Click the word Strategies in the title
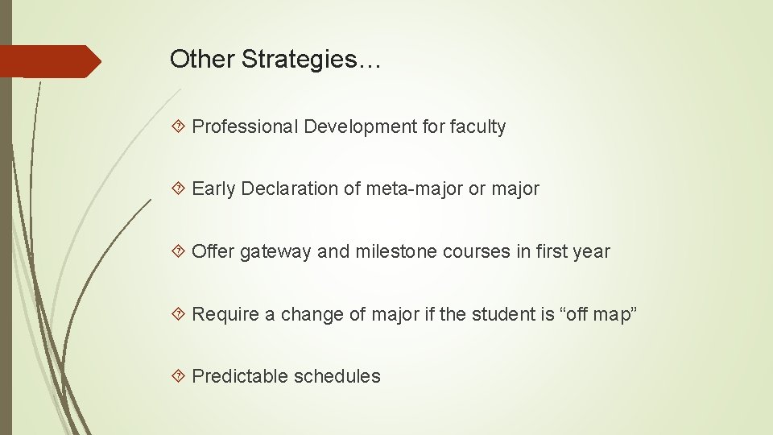click(x=312, y=60)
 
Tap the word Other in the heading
click(x=202, y=60)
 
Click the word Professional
click(x=245, y=127)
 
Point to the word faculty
click(x=477, y=127)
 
